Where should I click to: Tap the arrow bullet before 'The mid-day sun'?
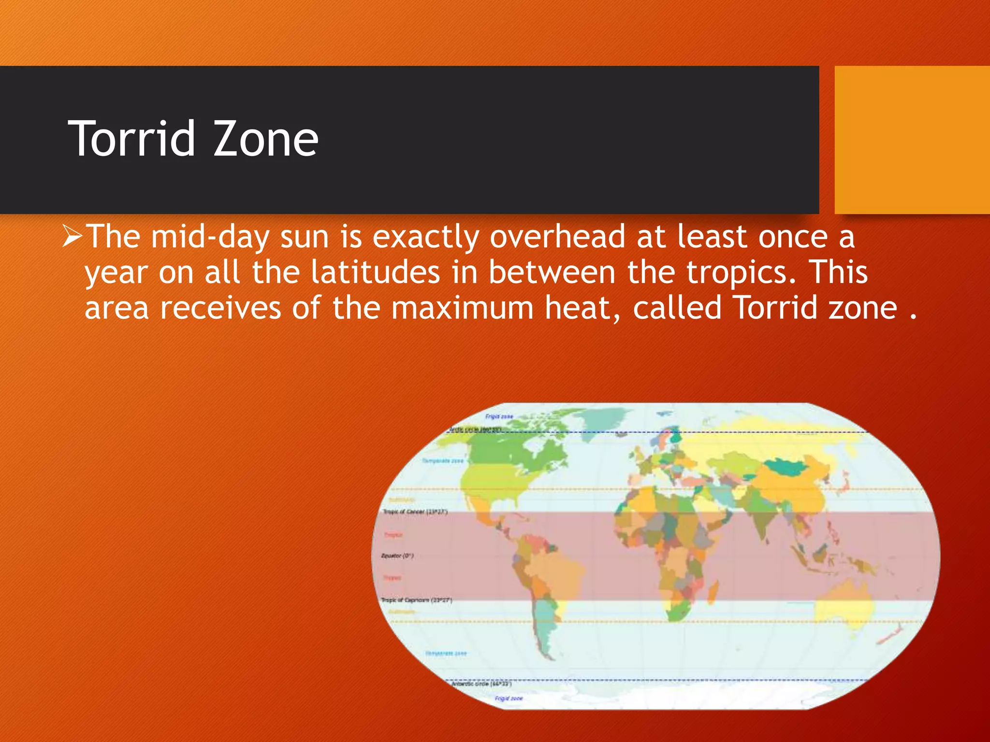pos(73,237)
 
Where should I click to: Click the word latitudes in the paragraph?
pos(375,272)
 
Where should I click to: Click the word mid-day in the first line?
pos(210,238)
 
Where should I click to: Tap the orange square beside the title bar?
pos(912,140)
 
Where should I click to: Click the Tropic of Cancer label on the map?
pos(415,512)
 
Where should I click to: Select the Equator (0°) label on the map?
pos(397,556)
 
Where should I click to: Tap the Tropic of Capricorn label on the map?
pos(416,600)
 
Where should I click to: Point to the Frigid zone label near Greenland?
pos(499,416)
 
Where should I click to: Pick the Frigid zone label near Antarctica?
pos(509,699)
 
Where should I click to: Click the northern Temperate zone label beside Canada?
pos(443,461)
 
